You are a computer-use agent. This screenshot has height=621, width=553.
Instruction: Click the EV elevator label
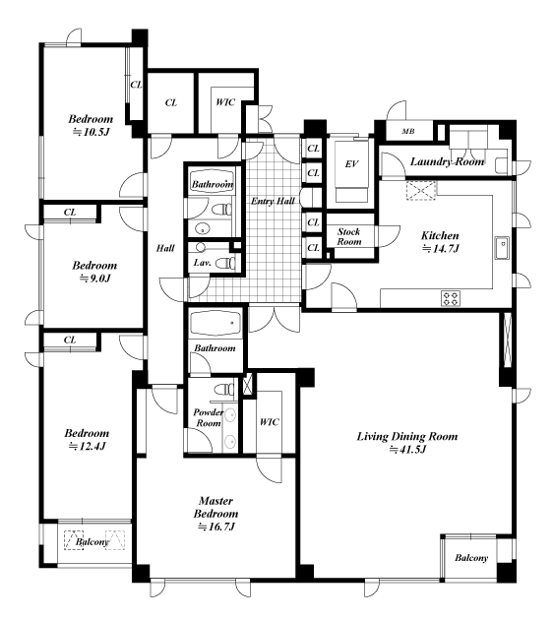coord(351,164)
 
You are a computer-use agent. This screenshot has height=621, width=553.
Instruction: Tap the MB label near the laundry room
coord(408,131)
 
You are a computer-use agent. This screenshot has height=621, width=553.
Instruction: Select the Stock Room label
coord(349,236)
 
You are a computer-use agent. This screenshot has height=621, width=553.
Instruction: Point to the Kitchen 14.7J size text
coord(440,249)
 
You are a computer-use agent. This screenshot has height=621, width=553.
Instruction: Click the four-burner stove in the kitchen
coord(451,298)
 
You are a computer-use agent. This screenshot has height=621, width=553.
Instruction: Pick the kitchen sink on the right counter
coord(502,248)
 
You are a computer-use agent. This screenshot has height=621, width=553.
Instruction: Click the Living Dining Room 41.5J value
coord(407,450)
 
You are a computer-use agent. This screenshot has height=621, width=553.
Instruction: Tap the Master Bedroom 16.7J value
coord(216,528)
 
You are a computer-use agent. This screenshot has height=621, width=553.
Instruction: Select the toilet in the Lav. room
coord(227,262)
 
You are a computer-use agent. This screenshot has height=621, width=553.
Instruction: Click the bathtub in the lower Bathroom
coord(215,323)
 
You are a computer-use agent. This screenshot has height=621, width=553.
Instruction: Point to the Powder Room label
coord(209,418)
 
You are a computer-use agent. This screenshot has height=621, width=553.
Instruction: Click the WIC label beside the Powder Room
coord(270,422)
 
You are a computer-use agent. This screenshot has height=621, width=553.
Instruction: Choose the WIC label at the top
coord(225,102)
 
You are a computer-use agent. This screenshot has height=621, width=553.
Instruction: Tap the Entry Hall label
coord(274,201)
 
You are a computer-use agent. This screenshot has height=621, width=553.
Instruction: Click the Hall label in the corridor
coord(165,248)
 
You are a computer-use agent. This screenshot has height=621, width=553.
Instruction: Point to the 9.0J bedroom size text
coord(94,279)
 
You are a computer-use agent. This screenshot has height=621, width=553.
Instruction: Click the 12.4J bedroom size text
coord(88,447)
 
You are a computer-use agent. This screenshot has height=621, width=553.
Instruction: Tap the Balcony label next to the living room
coord(471,558)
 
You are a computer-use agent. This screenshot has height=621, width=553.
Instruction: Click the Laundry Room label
coord(447,161)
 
